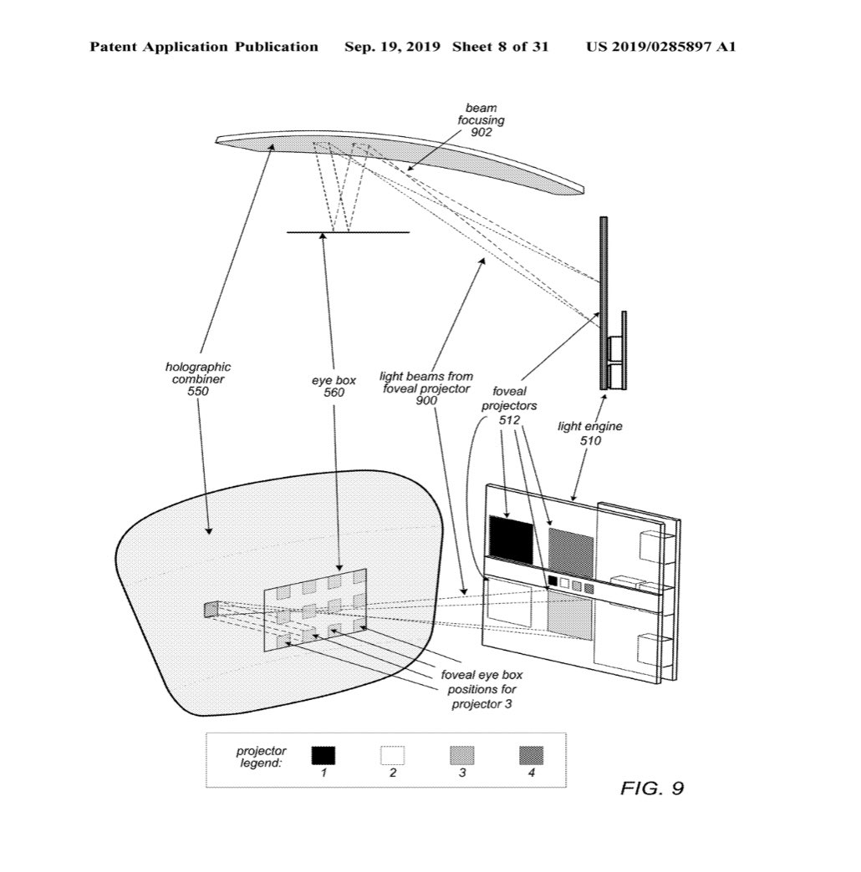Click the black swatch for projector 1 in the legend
tap(324, 755)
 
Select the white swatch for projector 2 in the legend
tap(392, 755)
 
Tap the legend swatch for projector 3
tap(462, 755)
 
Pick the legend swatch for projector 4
tap(531, 755)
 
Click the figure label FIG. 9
tap(652, 788)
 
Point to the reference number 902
tap(481, 132)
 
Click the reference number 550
tap(197, 392)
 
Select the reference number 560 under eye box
tap(334, 393)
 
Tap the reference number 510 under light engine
tap(590, 441)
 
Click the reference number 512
tap(509, 420)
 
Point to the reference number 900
tap(426, 400)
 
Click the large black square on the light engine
tap(511, 540)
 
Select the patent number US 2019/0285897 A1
tap(660, 47)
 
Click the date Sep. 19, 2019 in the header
tap(392, 47)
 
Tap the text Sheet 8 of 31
tap(501, 47)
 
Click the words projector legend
tap(261, 757)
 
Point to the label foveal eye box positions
tap(482, 682)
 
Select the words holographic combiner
tap(198, 373)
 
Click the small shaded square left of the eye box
tap(211, 610)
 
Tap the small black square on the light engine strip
tap(553, 580)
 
